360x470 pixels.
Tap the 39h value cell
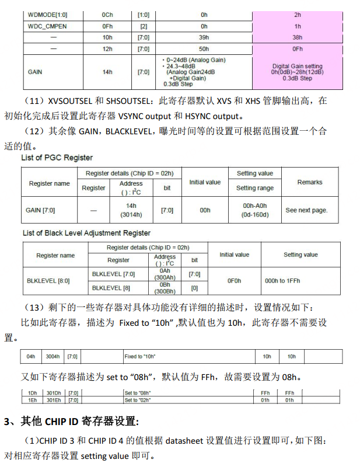pos(204,37)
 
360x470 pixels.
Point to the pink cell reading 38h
pos(297,37)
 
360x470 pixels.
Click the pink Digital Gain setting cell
pos(297,72)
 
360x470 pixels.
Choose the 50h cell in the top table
pos(204,49)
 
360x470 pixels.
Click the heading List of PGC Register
pos(57,158)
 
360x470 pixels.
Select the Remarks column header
pos(309,182)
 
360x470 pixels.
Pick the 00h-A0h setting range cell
pos(254,210)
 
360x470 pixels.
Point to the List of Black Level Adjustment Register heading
pos(86,233)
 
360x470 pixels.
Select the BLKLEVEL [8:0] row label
pos(48,281)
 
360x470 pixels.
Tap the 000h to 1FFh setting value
pos(282,281)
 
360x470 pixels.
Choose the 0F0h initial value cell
pos(234,281)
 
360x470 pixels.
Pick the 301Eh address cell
pos(53,400)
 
